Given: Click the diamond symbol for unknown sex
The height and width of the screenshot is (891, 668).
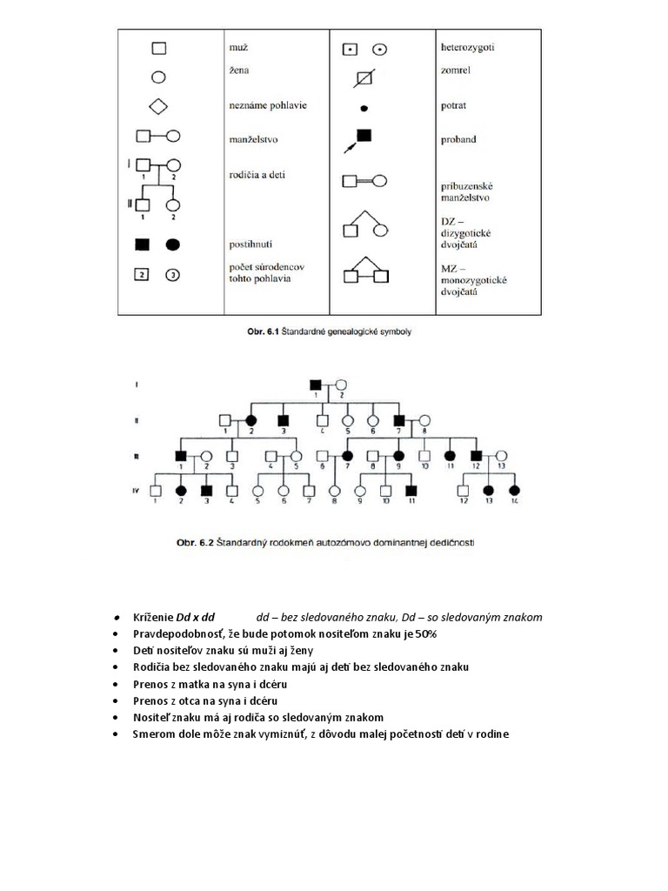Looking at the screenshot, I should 158,106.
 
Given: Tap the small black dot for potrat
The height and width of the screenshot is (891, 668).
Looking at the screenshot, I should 365,108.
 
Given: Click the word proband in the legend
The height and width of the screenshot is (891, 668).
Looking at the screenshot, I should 459,139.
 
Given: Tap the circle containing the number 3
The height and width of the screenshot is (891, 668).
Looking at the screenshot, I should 173,276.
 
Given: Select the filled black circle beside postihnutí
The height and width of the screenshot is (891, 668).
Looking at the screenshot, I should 173,245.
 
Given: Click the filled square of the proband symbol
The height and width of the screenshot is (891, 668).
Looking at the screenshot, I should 364,135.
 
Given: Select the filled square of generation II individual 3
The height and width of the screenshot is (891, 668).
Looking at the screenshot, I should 284,419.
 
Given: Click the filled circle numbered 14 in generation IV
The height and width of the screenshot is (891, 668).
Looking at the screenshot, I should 514,489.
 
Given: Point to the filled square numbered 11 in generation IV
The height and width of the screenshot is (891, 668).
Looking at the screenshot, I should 411,489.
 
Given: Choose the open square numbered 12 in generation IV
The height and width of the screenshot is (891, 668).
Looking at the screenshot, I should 464,489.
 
